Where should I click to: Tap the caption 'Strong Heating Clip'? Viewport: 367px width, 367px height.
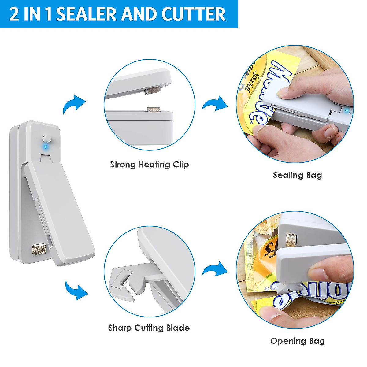149,165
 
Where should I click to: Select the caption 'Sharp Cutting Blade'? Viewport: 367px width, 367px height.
149,328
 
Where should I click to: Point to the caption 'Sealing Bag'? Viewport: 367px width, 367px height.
297,175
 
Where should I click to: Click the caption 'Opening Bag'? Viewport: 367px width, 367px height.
297,341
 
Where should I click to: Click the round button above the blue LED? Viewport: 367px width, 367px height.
47,138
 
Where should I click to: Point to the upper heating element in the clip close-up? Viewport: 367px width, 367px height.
153,90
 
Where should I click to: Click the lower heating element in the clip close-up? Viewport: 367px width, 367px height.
155,109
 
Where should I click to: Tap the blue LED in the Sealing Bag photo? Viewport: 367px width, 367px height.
347,111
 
